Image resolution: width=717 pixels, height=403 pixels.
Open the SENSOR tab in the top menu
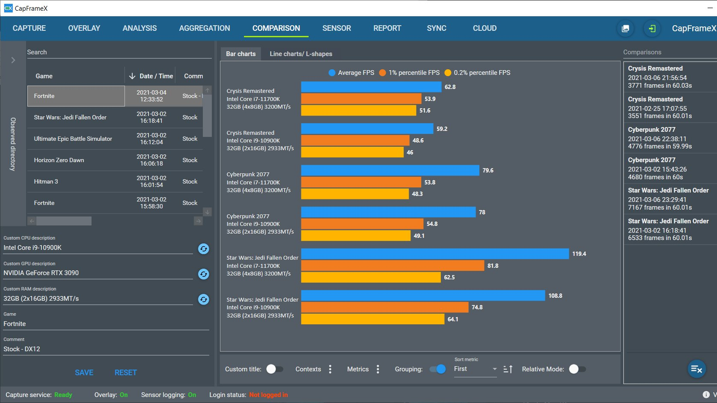click(337, 28)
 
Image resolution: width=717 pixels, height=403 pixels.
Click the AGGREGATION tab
click(204, 28)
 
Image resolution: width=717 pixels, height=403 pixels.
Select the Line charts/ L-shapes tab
click(301, 54)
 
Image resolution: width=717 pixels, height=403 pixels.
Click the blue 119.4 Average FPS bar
click(435, 254)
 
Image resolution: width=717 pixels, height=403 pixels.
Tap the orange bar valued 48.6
click(355, 141)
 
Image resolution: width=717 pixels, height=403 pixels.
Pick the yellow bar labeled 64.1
click(372, 319)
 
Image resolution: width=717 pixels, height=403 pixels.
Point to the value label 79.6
click(488, 171)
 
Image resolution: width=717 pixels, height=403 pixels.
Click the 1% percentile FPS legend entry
click(409, 73)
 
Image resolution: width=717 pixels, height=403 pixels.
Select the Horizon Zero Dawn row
click(59, 160)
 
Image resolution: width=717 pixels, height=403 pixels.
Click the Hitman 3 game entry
click(46, 182)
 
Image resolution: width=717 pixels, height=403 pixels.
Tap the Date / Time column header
click(151, 76)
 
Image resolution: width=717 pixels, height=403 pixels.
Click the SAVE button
click(84, 373)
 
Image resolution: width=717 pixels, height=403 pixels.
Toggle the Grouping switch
click(438, 369)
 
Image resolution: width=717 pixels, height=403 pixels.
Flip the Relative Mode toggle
click(577, 369)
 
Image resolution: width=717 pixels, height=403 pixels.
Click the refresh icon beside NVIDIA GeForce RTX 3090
click(203, 274)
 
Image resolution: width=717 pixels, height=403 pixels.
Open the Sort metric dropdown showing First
click(475, 369)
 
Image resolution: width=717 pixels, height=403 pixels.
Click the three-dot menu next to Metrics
click(378, 369)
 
